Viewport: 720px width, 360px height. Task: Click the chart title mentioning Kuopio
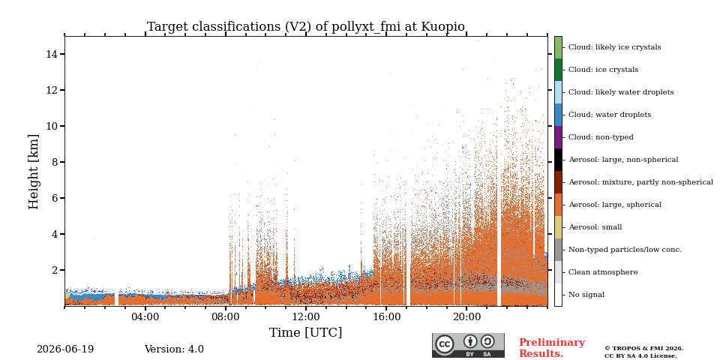(306, 27)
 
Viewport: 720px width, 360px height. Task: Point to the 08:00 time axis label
(226, 316)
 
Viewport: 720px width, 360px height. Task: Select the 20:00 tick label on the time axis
(467, 316)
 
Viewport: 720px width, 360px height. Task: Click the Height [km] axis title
(34, 172)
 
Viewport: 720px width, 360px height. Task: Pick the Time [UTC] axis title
(306, 332)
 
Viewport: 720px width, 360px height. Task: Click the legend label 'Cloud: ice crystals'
(603, 70)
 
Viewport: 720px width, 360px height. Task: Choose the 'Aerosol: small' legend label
(595, 227)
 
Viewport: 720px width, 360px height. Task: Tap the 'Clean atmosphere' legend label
(603, 272)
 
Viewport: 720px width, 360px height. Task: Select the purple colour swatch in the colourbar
(558, 137)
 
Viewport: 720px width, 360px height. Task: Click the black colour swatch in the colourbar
(558, 160)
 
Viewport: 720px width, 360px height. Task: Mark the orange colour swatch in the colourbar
(558, 205)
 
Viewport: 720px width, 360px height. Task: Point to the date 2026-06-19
(65, 349)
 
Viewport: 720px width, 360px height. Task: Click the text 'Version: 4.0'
(174, 349)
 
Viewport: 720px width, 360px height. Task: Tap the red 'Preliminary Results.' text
(552, 348)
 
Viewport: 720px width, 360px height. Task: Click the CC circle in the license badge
(445, 344)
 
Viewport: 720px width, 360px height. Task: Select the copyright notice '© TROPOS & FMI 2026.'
(643, 349)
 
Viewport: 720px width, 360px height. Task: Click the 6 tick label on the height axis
(55, 198)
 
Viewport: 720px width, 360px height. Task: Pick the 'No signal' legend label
(586, 295)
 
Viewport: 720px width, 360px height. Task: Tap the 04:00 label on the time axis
(145, 316)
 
